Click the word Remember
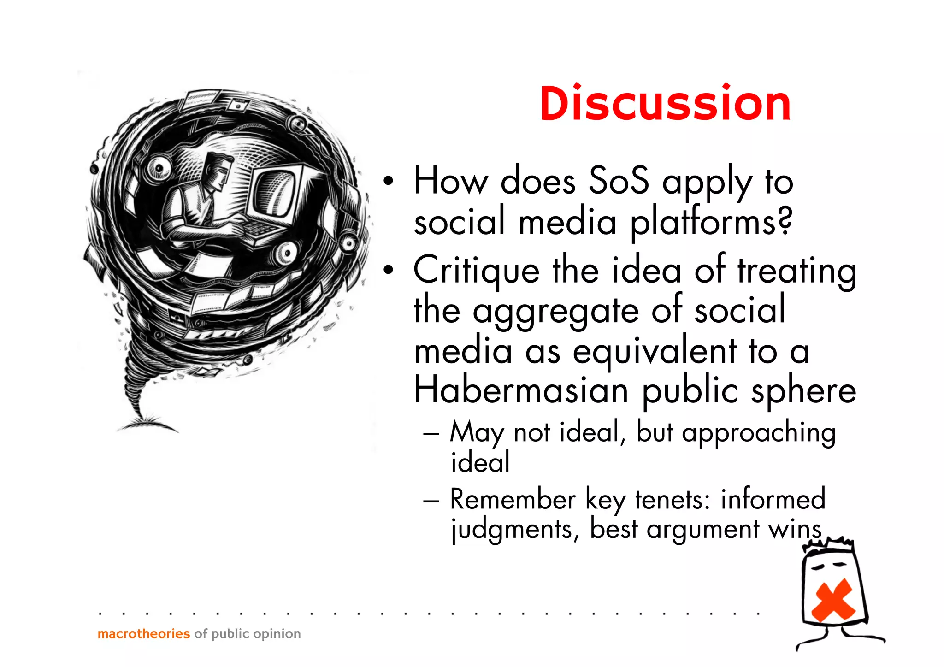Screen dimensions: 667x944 513,500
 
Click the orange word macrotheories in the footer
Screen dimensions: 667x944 144,634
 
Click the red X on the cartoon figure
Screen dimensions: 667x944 833,600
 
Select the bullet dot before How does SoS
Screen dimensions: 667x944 389,181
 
